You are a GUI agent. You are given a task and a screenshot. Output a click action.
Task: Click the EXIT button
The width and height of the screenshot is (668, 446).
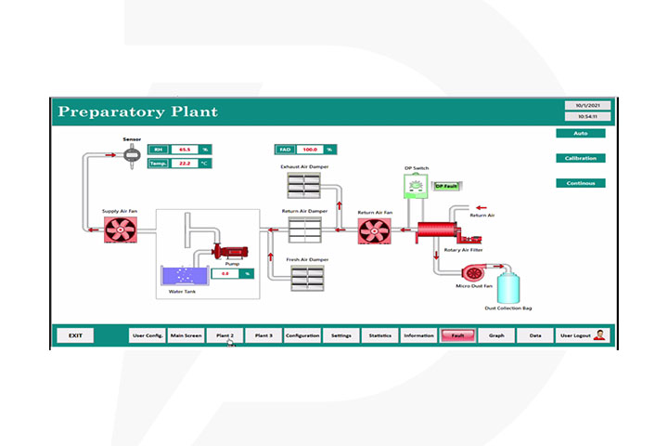click(x=75, y=335)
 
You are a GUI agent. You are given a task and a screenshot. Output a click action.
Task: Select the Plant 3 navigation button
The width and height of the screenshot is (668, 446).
click(x=263, y=335)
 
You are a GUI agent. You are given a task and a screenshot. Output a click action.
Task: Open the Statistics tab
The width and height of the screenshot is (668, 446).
click(x=380, y=335)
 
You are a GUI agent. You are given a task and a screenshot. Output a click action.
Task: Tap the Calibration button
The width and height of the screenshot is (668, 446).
click(x=581, y=158)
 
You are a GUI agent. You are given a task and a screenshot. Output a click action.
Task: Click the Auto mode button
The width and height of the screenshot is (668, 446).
click(x=581, y=133)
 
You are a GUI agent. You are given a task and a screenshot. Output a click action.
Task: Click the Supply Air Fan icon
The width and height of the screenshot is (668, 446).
click(x=120, y=230)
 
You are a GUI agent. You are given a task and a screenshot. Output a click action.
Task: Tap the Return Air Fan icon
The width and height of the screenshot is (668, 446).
click(x=376, y=231)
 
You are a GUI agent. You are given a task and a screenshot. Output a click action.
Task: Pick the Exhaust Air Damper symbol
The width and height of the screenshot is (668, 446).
click(x=305, y=188)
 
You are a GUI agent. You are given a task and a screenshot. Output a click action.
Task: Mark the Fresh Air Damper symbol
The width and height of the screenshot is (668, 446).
click(x=305, y=279)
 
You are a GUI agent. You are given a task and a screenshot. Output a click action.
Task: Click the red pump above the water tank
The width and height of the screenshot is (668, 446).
click(x=228, y=251)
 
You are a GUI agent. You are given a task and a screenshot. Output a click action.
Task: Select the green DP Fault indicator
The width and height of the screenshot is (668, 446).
click(x=447, y=186)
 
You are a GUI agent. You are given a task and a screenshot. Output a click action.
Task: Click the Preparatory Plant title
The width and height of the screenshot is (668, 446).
click(x=137, y=112)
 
